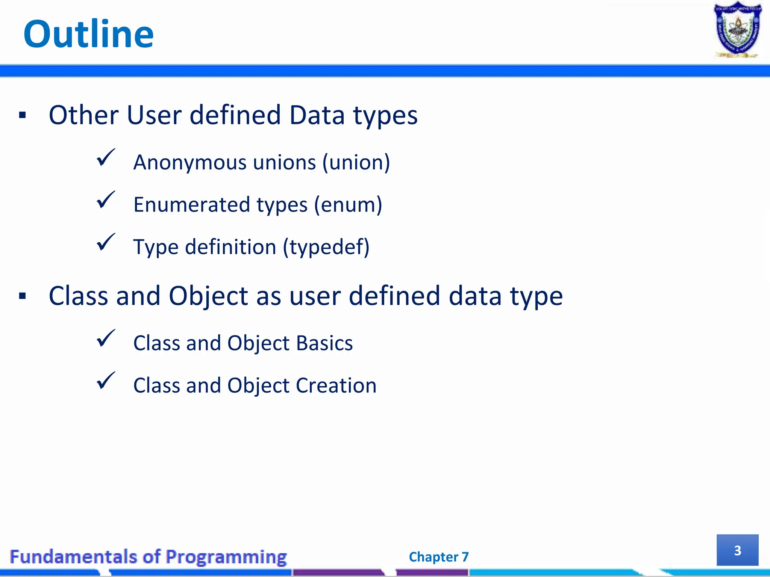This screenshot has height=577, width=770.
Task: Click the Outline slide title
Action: tap(88, 35)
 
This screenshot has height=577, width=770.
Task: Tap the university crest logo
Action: tap(737, 30)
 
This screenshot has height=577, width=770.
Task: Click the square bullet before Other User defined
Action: tap(23, 115)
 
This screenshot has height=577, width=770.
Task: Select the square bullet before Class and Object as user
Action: tap(23, 296)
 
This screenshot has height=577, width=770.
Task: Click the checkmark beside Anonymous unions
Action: tap(106, 158)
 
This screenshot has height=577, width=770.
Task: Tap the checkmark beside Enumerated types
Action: tap(106, 200)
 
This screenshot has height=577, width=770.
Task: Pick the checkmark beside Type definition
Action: tap(106, 243)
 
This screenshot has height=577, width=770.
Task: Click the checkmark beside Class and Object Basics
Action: tap(106, 339)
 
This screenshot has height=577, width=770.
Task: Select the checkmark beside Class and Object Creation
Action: tap(106, 381)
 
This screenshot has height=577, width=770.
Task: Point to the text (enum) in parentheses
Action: tap(348, 205)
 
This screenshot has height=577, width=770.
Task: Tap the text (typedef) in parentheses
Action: tap(326, 248)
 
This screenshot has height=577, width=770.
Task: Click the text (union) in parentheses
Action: tap(356, 163)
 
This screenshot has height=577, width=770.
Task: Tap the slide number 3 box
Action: tap(737, 550)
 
